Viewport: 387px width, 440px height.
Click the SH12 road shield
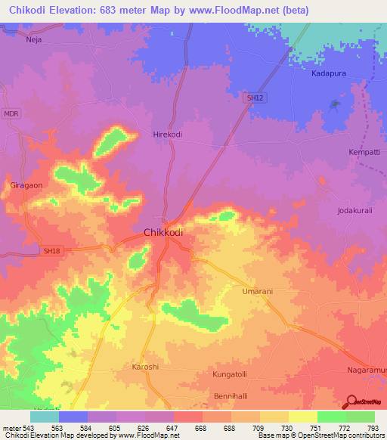coord(255,98)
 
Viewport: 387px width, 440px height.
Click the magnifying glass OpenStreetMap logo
coord(350,401)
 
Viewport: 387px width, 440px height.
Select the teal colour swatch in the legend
coord(45,417)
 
